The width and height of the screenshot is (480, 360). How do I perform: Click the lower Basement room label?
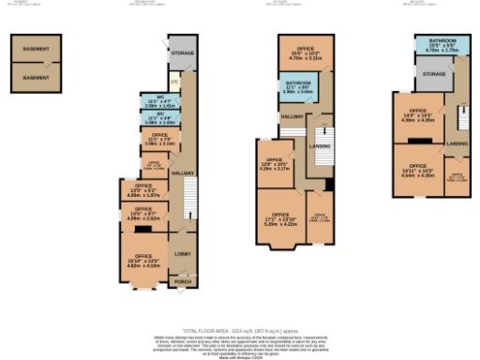(x=38, y=77)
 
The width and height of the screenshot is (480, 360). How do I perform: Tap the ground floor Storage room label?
(x=182, y=53)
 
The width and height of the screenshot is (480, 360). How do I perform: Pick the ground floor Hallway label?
(x=182, y=173)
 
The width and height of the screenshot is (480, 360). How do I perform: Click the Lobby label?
(x=182, y=253)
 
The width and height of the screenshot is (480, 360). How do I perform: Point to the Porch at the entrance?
(x=182, y=281)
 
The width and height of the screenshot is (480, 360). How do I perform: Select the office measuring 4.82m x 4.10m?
(x=142, y=259)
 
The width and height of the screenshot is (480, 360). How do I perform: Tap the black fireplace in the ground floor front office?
(x=143, y=228)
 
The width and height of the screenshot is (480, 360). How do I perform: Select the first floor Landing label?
(x=320, y=145)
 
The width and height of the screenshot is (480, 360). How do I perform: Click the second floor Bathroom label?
(x=442, y=42)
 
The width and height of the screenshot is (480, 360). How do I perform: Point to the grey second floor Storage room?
(x=433, y=72)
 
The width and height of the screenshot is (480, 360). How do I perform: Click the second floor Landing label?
(x=457, y=142)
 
